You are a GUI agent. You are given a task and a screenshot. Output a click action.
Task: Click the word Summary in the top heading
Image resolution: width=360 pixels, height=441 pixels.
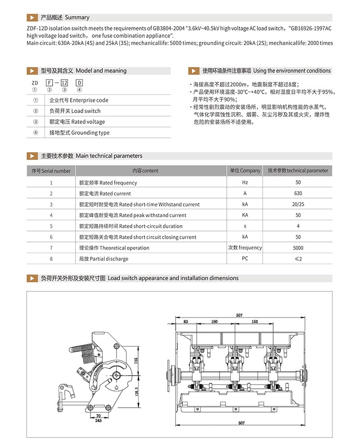coord(77,18)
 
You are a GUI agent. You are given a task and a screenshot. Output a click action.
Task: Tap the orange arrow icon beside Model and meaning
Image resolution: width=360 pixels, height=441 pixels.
coord(32,71)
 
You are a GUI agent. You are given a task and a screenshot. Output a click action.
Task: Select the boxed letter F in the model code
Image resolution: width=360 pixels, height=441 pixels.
coord(49,83)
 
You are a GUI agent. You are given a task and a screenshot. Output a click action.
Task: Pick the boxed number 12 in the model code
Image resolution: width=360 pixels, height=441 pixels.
coord(64,83)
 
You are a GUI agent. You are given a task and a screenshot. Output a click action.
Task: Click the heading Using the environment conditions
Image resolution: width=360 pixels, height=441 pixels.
coord(292,71)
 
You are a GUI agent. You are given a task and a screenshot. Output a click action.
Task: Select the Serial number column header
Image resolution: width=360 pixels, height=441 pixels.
coord(51,171)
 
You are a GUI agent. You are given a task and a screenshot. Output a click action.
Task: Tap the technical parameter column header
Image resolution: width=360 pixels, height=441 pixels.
coord(298,171)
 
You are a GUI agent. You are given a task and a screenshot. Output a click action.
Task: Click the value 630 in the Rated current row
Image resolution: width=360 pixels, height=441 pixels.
coord(298,193)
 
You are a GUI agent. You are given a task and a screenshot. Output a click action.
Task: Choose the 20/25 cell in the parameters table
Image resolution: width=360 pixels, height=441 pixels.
coord(298,204)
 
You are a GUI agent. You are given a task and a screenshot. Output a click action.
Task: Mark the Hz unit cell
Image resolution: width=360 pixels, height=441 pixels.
coord(245,182)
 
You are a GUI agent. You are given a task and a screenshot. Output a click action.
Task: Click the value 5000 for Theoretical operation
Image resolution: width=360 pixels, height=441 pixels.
coord(298,248)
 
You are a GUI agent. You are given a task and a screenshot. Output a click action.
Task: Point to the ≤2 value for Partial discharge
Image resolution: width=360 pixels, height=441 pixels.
coord(298,259)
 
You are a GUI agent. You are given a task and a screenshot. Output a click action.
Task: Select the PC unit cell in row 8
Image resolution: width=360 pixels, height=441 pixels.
coord(245,259)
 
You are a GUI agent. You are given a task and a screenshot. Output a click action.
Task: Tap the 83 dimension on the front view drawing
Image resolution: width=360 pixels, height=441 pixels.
coord(185,322)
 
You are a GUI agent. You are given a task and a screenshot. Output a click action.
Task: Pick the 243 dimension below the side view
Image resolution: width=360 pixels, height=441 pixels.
coord(98,421)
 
